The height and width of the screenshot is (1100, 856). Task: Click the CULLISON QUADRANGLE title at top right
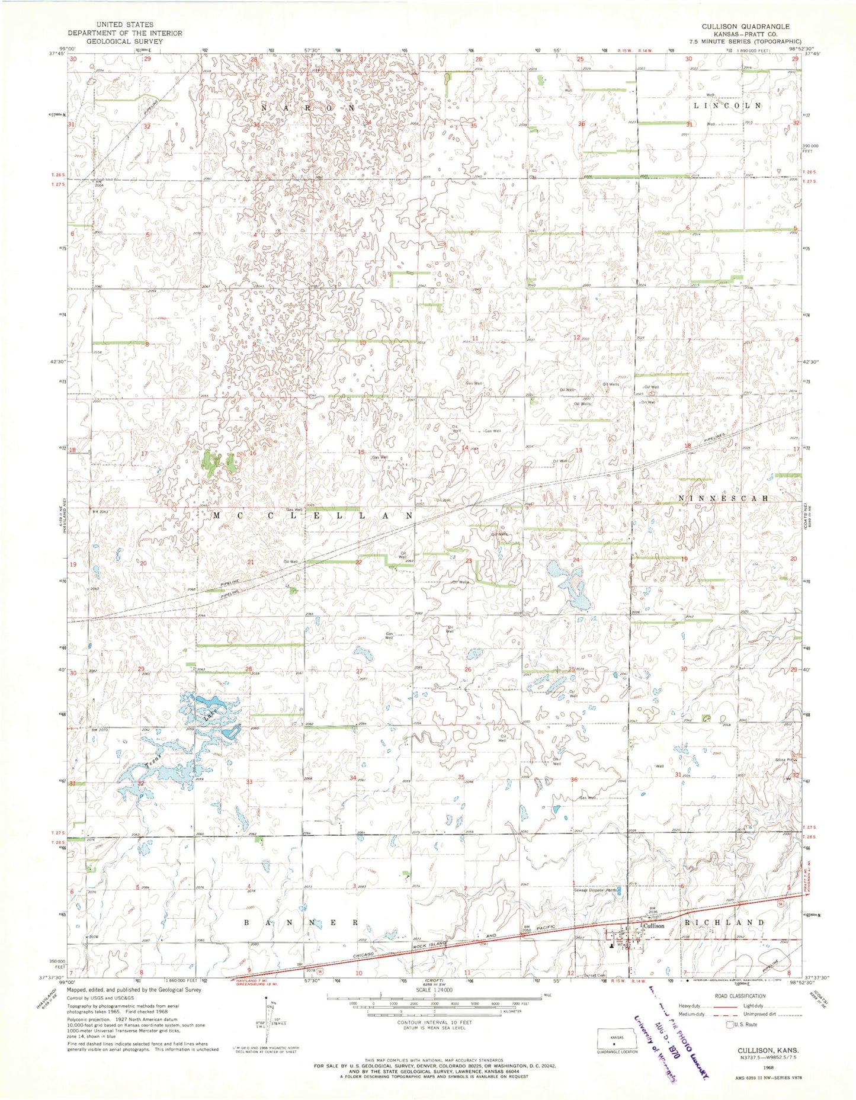[x=745, y=27]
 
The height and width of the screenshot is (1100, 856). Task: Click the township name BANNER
[x=302, y=923]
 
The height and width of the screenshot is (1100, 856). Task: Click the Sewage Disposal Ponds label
[x=595, y=890]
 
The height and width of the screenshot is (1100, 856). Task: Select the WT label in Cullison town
[x=621, y=945]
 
